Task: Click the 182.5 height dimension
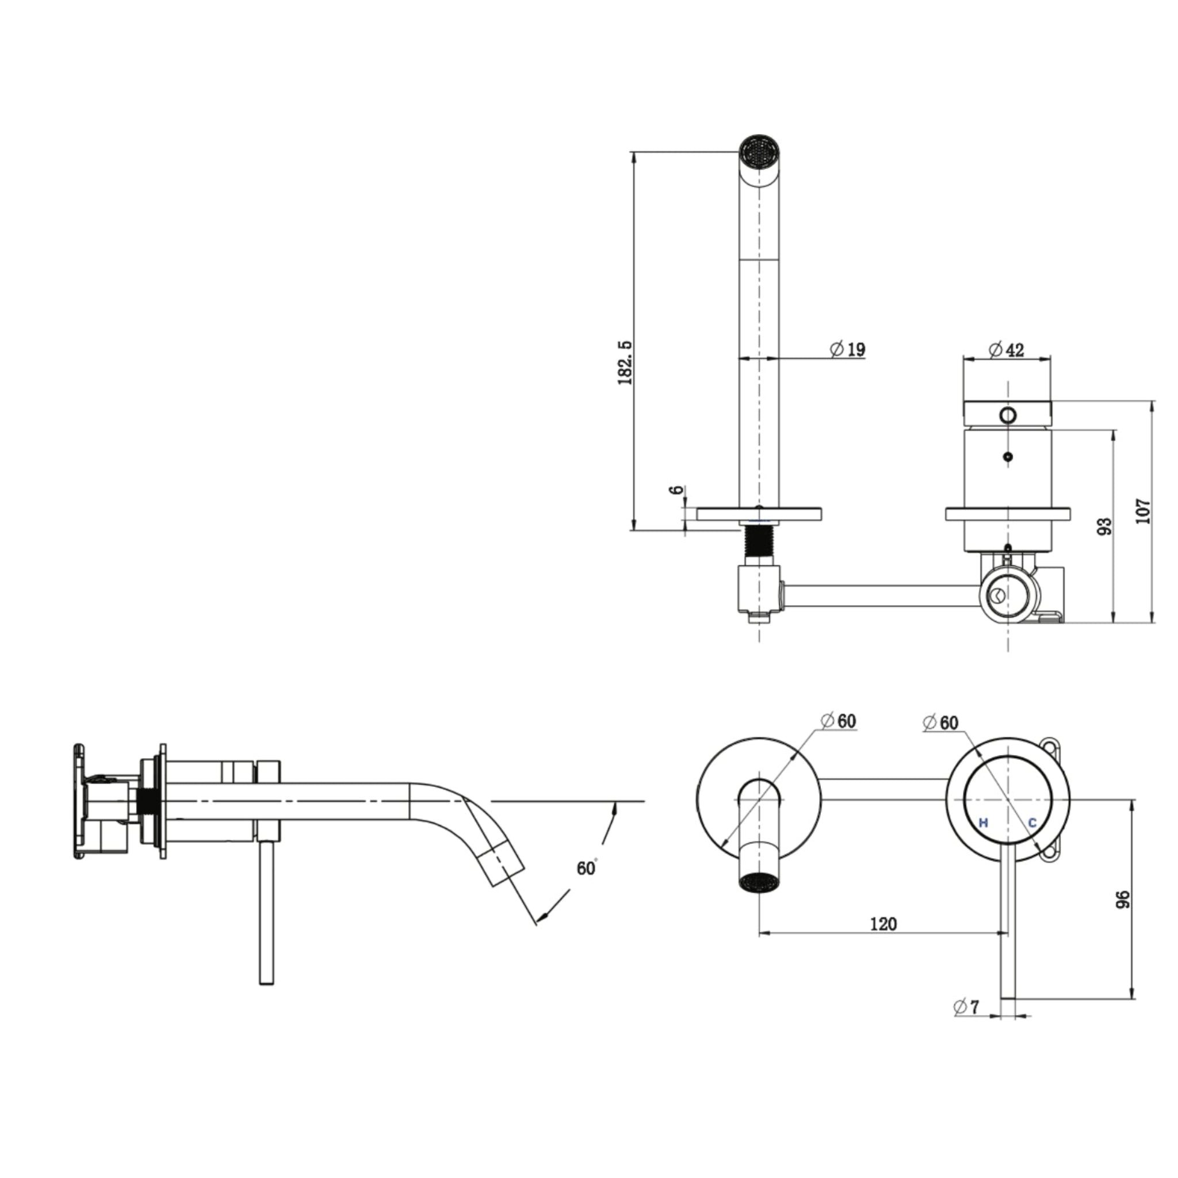(626, 362)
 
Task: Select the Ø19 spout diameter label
(847, 349)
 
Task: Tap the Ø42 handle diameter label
(1007, 350)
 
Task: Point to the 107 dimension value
(1143, 511)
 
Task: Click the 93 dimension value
(1104, 526)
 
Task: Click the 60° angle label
(587, 867)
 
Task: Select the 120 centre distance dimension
(883, 924)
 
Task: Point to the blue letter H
(983, 823)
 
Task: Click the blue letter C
(1032, 823)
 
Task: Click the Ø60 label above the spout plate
(839, 721)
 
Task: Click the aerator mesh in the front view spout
(759, 882)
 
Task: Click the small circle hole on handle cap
(1007, 415)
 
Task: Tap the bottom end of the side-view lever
(266, 982)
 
